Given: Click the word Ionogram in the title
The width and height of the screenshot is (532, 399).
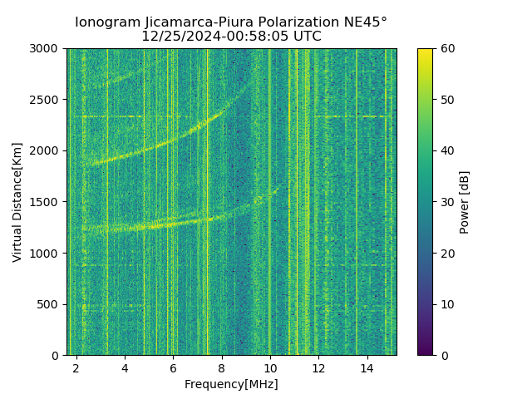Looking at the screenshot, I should pyautogui.click(x=107, y=22).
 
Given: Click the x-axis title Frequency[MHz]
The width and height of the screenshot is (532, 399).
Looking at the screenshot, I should pyautogui.click(x=231, y=384).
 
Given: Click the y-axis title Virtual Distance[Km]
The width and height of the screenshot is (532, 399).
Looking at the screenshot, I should pyautogui.click(x=17, y=202).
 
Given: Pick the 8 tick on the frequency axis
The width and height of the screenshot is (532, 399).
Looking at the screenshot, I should pyautogui.click(x=222, y=367).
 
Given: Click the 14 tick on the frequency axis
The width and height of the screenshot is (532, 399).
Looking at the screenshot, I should pyautogui.click(x=367, y=367).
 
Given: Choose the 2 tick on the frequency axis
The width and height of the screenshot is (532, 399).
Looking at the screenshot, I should pyautogui.click(x=76, y=367).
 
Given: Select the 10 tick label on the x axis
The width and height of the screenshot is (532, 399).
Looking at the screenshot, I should pyautogui.click(x=270, y=367).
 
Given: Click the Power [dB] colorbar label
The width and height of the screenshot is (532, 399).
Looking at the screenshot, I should pyautogui.click(x=465, y=202).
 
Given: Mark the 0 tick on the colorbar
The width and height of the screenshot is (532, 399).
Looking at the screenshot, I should pyautogui.click(x=444, y=355).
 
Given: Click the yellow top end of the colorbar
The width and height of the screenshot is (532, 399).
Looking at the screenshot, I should pyautogui.click(x=425, y=51).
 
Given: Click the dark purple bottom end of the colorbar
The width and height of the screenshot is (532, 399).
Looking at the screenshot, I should pyautogui.click(x=425, y=352).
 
